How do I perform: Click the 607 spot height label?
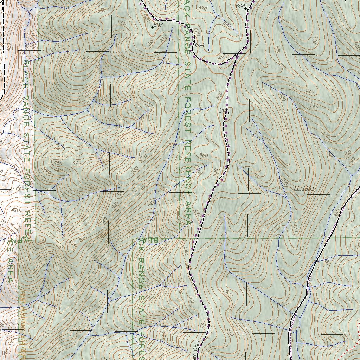click(x=158, y=25)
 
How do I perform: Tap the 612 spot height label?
click(x=222, y=110)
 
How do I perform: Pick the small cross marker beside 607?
click(x=152, y=27)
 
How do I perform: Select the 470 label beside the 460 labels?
click(x=76, y=162)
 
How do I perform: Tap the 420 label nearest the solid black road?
click(x=327, y=261)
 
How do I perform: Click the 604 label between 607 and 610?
click(x=200, y=45)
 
